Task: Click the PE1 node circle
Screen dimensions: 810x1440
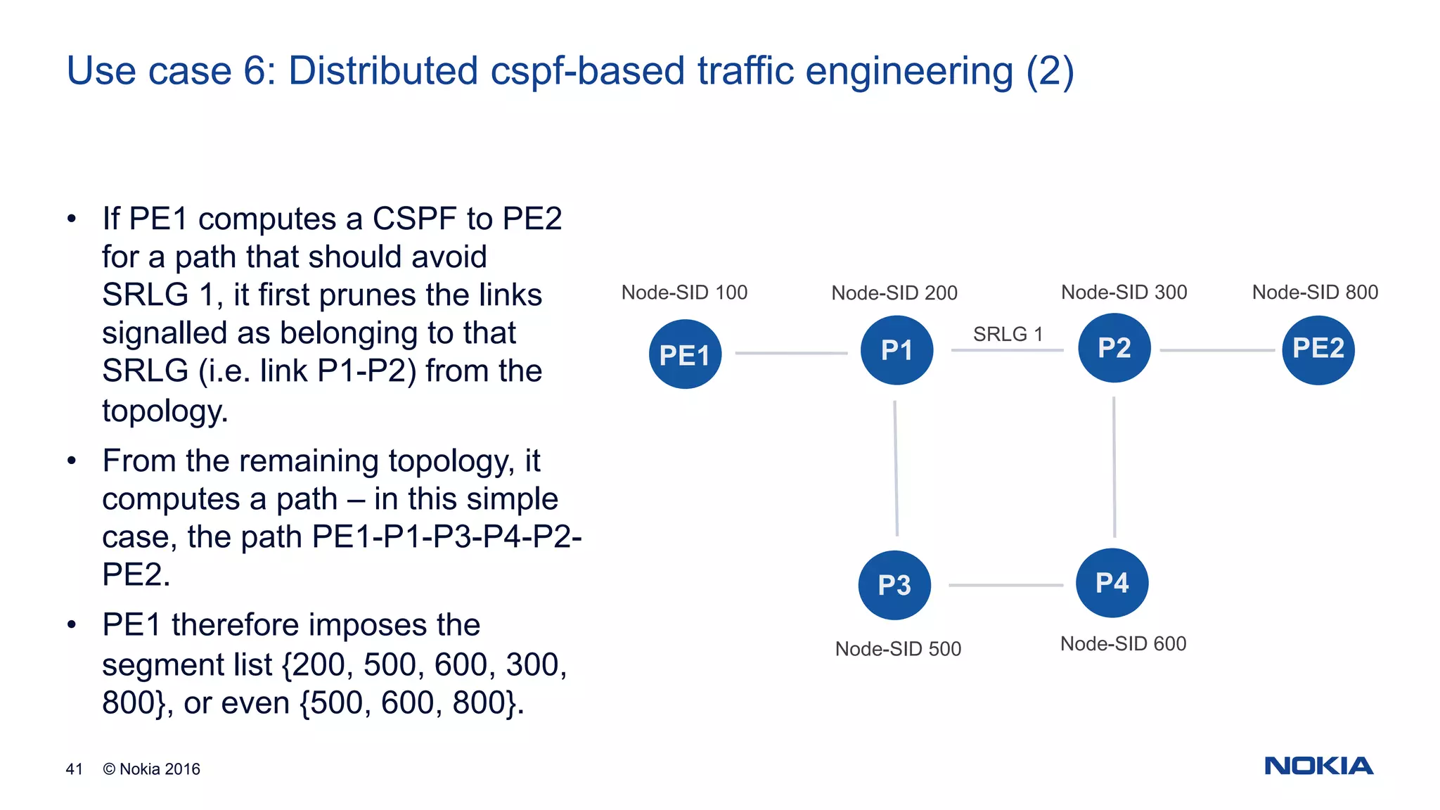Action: (x=685, y=354)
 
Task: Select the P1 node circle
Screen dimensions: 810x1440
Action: (x=896, y=349)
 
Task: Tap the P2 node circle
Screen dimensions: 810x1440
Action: (x=1114, y=347)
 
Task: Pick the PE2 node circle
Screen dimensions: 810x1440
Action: (x=1318, y=349)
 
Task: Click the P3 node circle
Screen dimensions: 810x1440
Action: (x=894, y=584)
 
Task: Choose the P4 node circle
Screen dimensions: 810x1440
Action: (x=1112, y=582)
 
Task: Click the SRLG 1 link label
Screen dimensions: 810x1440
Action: (x=1008, y=334)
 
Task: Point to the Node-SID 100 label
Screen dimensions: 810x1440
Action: (x=684, y=292)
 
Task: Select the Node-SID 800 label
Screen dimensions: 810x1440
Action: (x=1315, y=292)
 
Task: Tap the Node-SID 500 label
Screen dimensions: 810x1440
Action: (x=898, y=648)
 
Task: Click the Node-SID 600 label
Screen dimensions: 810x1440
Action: (x=1123, y=643)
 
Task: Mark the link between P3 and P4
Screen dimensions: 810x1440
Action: (x=1005, y=585)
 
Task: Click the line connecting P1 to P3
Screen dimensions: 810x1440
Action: (x=896, y=468)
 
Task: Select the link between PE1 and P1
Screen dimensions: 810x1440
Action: (x=791, y=353)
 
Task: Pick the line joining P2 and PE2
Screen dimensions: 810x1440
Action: (x=1216, y=350)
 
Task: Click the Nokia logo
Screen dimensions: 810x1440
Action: (x=1318, y=766)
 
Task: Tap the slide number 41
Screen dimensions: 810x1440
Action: (x=74, y=769)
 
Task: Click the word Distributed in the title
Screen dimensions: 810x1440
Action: (x=383, y=71)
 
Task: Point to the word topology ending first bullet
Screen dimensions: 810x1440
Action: (x=165, y=411)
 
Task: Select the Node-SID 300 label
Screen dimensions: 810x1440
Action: (x=1124, y=292)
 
